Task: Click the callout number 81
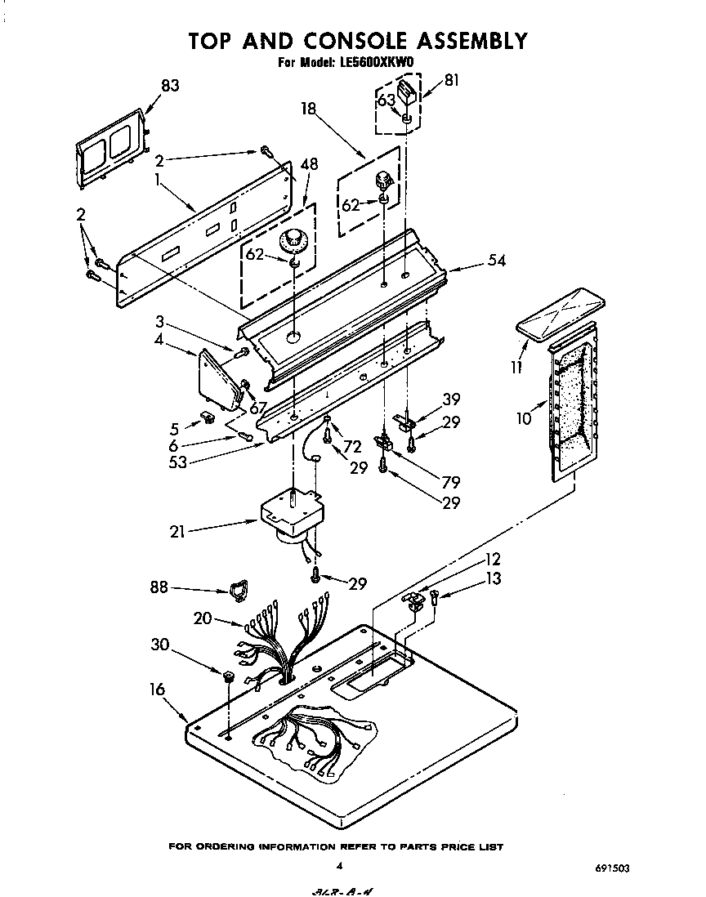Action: pos(452,80)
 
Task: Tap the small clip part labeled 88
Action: pos(238,590)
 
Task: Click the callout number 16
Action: pos(156,689)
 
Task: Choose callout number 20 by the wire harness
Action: pos(203,619)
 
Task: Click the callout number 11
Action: pos(516,368)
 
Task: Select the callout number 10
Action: pos(524,418)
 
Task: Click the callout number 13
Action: pos(493,579)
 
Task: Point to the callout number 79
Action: pos(450,483)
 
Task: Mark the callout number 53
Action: pos(178,462)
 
